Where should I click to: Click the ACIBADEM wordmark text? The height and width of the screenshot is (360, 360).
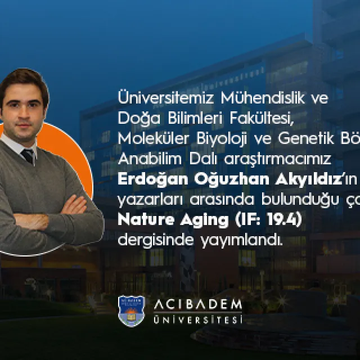pos(197,304)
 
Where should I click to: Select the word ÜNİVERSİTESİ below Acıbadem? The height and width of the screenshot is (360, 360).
pos(197,319)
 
